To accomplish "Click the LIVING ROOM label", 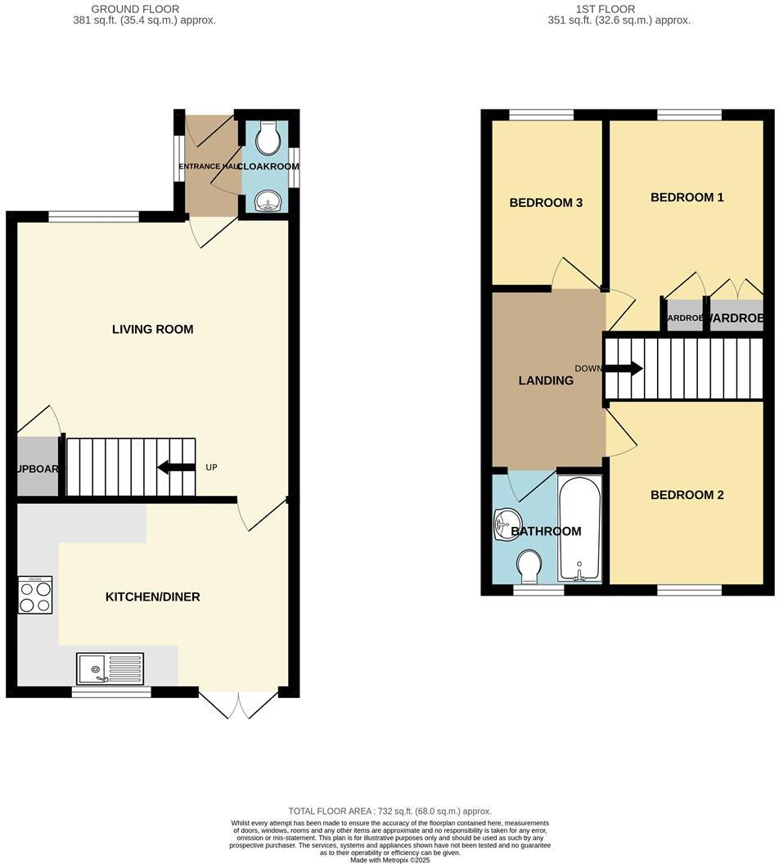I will [x=152, y=330].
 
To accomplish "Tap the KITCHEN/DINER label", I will [x=152, y=597].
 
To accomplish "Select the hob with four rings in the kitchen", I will [x=35, y=596].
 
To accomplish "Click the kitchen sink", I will [x=110, y=668].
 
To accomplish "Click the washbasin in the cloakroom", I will [x=268, y=200].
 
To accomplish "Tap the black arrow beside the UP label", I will [x=176, y=467].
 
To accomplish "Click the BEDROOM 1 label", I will [x=687, y=197].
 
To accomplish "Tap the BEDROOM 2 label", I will [x=687, y=495].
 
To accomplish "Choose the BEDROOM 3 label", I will [x=546, y=203].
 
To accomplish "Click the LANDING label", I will [x=546, y=380].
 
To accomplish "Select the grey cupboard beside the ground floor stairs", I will [x=36, y=467].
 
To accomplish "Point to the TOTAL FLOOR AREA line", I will [x=389, y=811].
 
